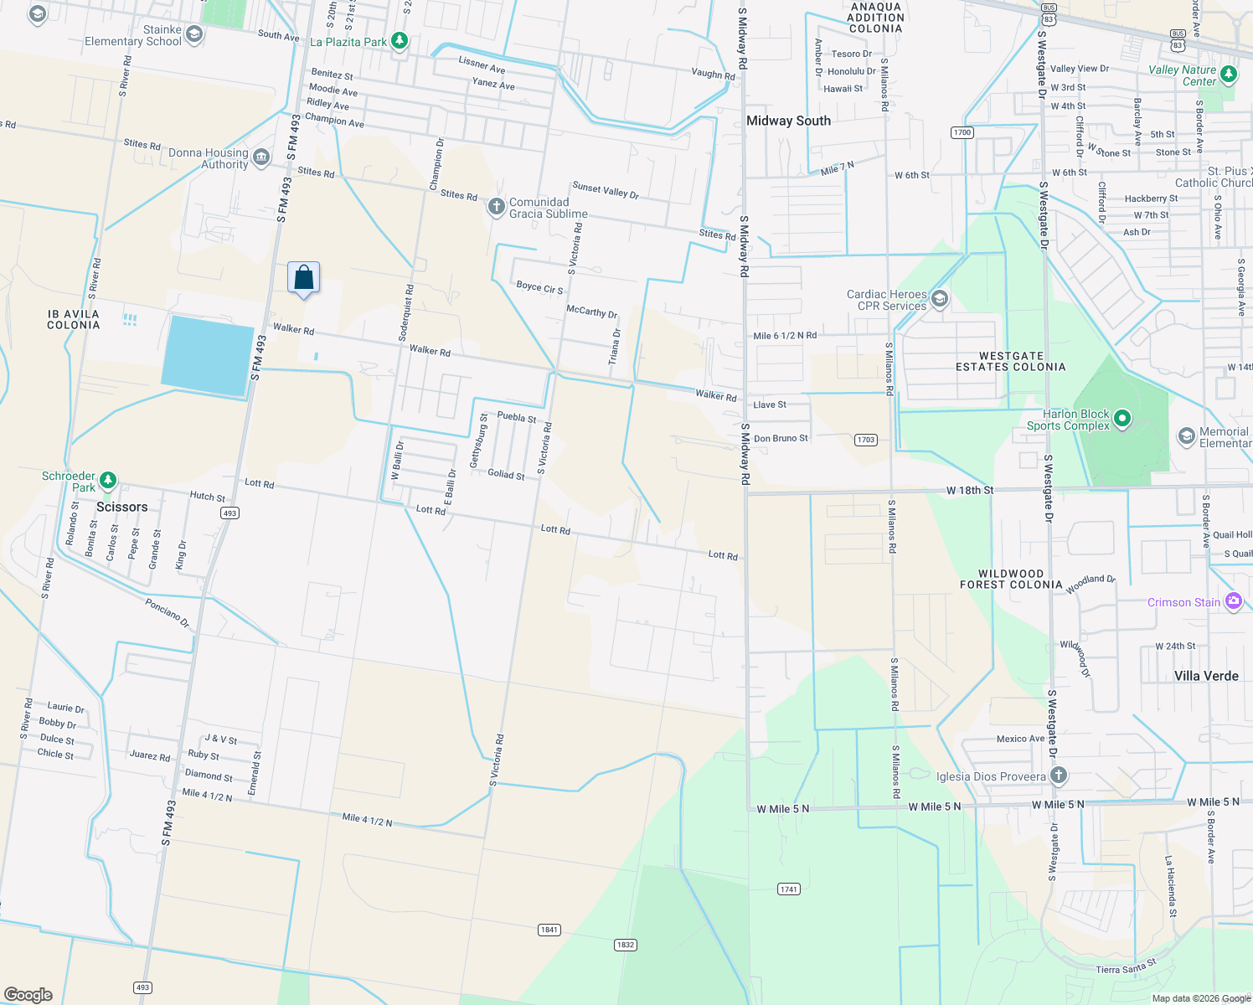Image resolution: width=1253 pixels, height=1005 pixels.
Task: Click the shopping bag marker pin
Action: click(303, 278)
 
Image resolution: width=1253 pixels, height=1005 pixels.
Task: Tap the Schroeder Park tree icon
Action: click(107, 481)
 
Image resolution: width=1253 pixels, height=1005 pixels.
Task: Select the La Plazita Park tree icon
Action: click(400, 41)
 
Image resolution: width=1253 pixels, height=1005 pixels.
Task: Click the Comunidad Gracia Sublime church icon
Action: click(496, 206)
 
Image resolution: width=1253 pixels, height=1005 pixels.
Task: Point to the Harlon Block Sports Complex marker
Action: click(1122, 418)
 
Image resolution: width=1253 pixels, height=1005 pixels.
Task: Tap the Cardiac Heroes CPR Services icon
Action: click(940, 299)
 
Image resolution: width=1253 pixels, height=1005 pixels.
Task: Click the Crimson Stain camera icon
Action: click(1233, 601)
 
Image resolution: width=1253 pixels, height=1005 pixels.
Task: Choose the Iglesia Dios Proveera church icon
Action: click(1059, 776)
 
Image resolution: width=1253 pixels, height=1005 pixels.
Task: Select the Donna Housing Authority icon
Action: click(261, 157)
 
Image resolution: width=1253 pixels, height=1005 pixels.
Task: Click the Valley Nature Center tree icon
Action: click(1229, 75)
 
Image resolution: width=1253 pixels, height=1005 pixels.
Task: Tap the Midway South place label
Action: click(788, 121)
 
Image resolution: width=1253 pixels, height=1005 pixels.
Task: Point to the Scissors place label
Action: click(121, 507)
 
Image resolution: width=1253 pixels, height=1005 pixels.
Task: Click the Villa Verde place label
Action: click(1206, 676)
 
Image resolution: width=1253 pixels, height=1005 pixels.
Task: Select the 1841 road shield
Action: click(549, 930)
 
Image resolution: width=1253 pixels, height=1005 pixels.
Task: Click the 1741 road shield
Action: click(788, 889)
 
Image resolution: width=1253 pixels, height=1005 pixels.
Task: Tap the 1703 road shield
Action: click(866, 440)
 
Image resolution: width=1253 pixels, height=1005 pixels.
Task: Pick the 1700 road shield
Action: click(962, 132)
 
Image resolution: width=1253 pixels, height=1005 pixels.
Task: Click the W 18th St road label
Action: click(970, 490)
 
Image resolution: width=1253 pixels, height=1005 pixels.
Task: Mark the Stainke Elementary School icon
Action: click(194, 34)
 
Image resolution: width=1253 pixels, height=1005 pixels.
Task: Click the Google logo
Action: click(28, 995)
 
